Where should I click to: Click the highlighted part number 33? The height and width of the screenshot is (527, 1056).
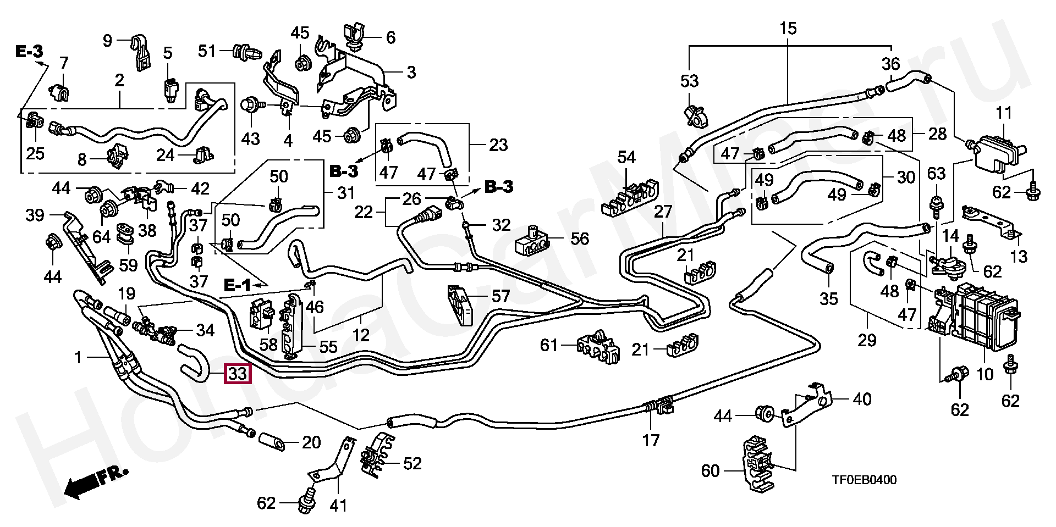click(x=238, y=374)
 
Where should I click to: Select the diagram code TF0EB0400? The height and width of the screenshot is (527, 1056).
click(x=864, y=480)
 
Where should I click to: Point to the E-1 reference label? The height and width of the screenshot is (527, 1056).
click(x=237, y=285)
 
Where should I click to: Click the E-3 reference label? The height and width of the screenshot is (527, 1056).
click(x=29, y=52)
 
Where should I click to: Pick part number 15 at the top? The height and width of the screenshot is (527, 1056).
click(x=788, y=28)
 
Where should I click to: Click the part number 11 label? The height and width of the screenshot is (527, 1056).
click(x=1004, y=114)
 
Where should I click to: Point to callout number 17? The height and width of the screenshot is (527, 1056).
click(x=651, y=440)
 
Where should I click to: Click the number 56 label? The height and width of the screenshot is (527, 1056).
click(x=580, y=238)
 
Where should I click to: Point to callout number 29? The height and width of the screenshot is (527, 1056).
click(x=867, y=340)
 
